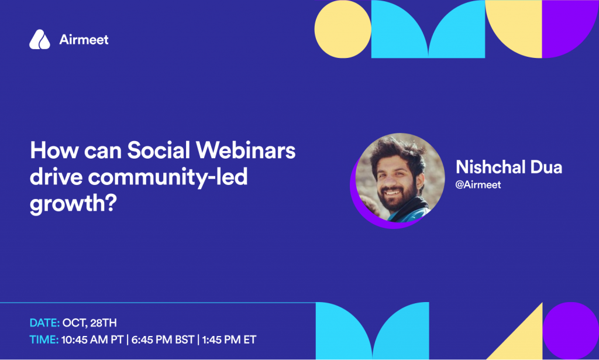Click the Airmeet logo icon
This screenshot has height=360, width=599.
pos(40,39)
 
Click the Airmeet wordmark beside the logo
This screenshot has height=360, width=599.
pos(84,39)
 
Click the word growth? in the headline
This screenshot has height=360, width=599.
pos(73,204)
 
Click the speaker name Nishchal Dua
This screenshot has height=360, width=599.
pos(509,167)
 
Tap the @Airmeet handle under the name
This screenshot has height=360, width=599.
pos(478,184)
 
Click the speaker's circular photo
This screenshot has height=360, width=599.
pos(400,178)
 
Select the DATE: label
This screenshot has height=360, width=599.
pos(44,323)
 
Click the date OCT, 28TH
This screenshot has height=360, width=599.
pos(89,323)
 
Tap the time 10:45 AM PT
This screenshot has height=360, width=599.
pos(92,340)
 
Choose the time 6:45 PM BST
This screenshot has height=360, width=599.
pos(163,340)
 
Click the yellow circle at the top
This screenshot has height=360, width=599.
pos(343,29)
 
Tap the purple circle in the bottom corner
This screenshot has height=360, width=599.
pos(571,331)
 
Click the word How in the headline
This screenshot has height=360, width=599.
pos(54,150)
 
